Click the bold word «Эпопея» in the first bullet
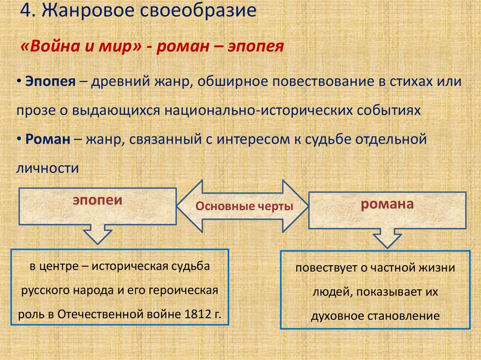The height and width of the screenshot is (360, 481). (50, 81)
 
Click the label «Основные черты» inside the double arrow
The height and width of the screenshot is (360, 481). (244, 207)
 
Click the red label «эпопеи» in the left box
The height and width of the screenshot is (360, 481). (97, 200)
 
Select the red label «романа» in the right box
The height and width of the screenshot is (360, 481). (387, 204)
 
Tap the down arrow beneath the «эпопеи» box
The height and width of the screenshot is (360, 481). (97, 234)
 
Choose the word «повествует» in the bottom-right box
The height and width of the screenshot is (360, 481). (323, 269)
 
